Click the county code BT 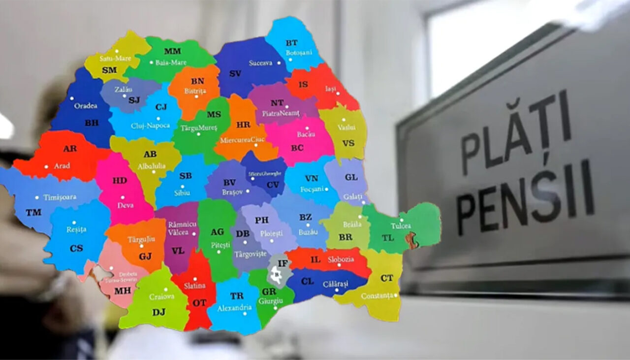tap(291, 43)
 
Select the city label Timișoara tap(60, 197)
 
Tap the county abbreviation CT tap(387, 278)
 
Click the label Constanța tap(377, 296)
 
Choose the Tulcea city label tap(401, 226)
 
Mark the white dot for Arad tap(46, 166)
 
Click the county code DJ tap(158, 312)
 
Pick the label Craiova tap(162, 296)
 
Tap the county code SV tap(235, 73)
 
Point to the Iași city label tap(331, 89)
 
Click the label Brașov tap(232, 192)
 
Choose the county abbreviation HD tap(120, 181)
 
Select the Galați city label tap(352, 196)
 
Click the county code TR tap(237, 296)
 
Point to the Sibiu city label tap(182, 193)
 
